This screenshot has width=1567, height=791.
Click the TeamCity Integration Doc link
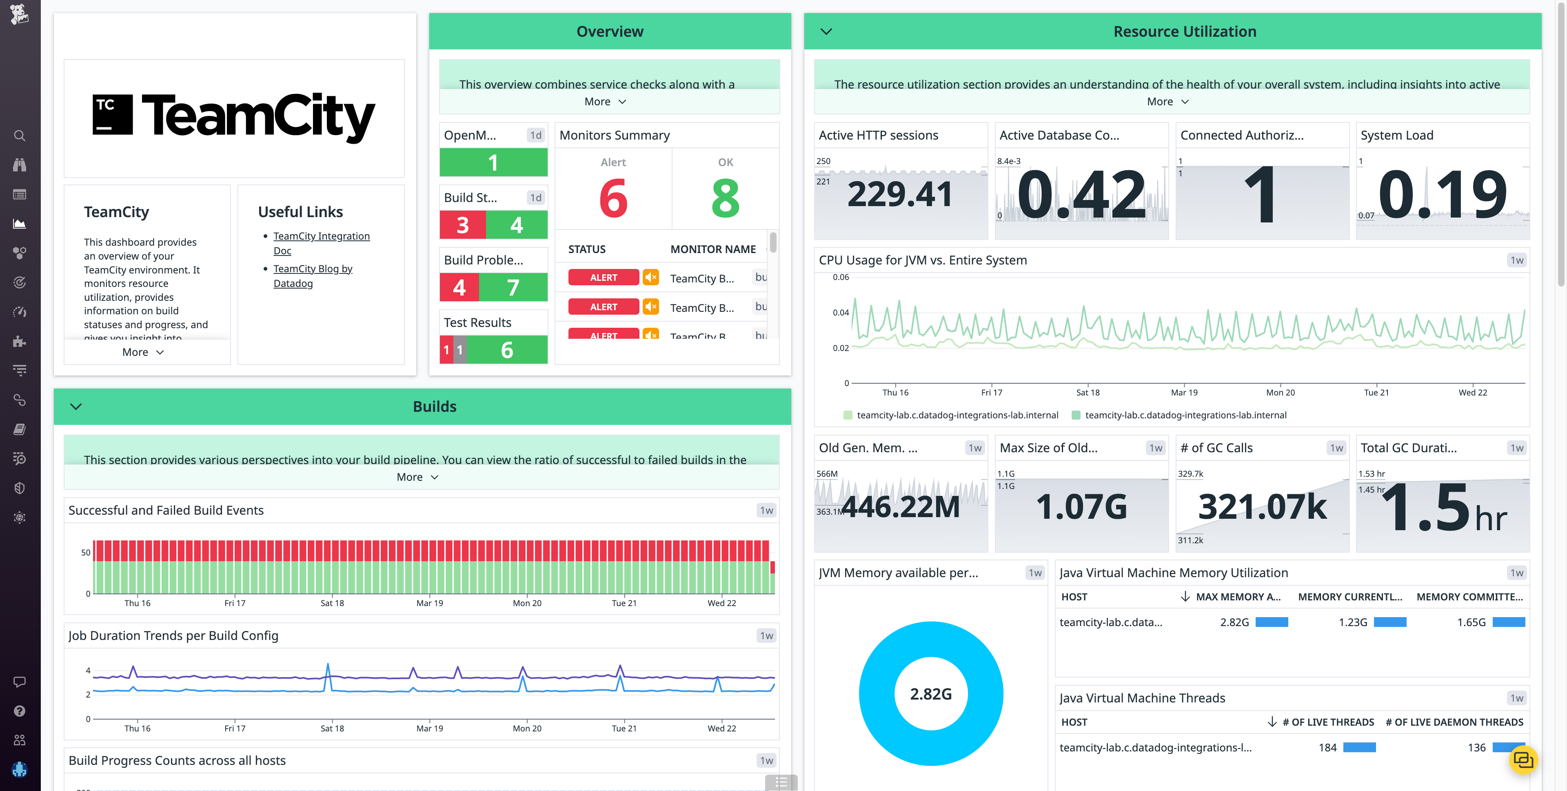[321, 236]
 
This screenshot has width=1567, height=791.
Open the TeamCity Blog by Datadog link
[313, 269]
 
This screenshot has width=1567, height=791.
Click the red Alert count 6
[613, 198]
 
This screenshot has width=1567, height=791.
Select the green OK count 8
[725, 198]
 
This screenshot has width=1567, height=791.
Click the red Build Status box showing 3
[462, 225]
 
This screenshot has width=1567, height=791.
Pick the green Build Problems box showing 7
[513, 287]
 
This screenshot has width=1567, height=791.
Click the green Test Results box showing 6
[507, 350]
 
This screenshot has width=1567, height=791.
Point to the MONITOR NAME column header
[713, 249]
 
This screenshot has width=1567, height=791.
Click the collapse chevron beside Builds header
[76, 407]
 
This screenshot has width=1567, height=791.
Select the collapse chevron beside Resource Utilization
[826, 32]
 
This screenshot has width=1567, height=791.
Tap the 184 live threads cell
[1327, 747]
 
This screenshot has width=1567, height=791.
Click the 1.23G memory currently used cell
[1352, 622]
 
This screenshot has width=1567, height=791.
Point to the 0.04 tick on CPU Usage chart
[841, 313]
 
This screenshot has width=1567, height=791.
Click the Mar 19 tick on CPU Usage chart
[1184, 393]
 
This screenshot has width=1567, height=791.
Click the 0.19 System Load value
[1442, 195]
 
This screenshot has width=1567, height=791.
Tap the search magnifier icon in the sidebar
[20, 136]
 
